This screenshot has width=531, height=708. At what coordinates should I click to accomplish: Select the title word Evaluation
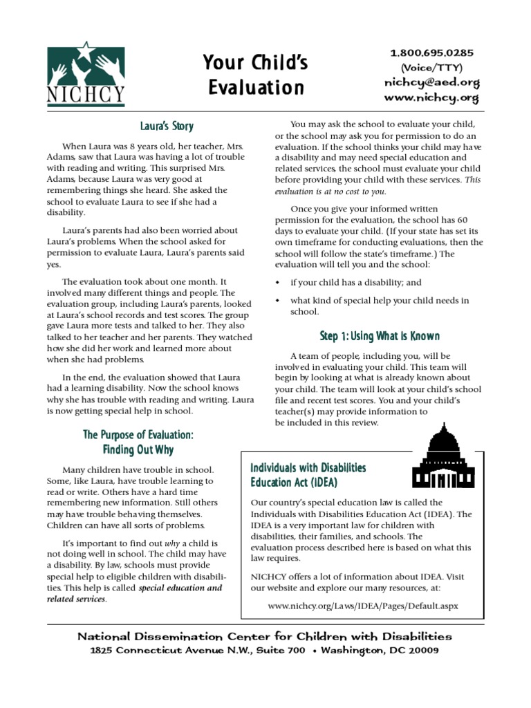click(x=256, y=88)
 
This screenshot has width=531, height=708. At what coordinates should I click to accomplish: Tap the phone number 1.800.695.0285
click(x=431, y=53)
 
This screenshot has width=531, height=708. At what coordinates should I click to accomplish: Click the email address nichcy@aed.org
click(x=431, y=82)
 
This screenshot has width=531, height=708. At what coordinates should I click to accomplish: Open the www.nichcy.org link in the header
click(x=431, y=97)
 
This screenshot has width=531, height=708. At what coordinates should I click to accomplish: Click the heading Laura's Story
click(x=167, y=127)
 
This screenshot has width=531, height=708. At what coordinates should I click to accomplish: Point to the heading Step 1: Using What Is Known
click(x=380, y=336)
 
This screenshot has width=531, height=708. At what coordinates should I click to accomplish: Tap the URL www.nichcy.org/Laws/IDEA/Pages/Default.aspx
click(x=362, y=605)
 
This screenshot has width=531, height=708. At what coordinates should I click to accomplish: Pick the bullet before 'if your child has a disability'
click(x=278, y=283)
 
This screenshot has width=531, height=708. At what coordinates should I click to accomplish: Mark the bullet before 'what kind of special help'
click(x=278, y=301)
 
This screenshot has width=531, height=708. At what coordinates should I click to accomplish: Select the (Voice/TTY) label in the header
click(x=431, y=67)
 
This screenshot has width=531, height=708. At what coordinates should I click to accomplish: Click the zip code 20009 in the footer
click(x=416, y=651)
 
